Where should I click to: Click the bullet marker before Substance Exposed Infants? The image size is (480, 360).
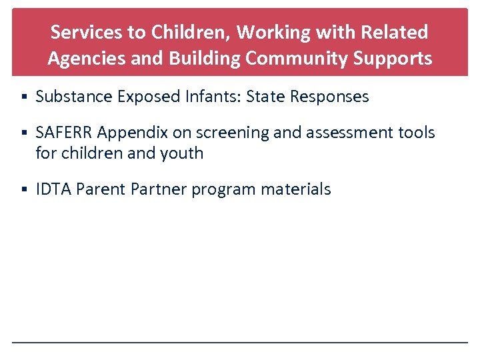[x=23, y=97]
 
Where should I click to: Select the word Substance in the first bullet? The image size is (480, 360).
[x=74, y=97]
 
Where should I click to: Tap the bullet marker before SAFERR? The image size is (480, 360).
[x=23, y=133]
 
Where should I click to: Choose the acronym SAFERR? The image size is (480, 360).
[x=64, y=133]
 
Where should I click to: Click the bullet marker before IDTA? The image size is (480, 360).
[x=23, y=190]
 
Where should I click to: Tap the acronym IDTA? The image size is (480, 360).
[x=54, y=189]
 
